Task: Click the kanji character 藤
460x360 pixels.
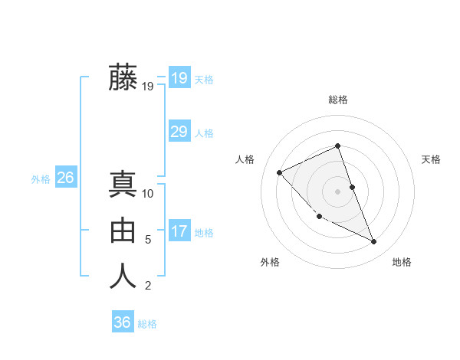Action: (123, 77)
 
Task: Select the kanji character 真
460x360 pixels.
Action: (123, 185)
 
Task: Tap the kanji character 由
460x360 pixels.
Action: (123, 231)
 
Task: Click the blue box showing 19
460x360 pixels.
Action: (179, 78)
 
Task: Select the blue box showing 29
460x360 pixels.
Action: (179, 132)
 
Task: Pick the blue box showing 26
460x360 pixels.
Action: (65, 178)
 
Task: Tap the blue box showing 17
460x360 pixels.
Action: (179, 231)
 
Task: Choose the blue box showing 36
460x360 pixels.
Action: (122, 322)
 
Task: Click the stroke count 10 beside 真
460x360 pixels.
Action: (148, 194)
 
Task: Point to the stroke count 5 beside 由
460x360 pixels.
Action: (148, 240)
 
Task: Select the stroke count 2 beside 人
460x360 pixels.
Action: (148, 286)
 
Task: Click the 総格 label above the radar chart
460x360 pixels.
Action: (337, 100)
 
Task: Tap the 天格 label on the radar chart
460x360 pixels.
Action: (431, 159)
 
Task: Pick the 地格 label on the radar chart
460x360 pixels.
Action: (402, 262)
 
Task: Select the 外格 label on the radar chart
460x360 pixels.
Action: (270, 262)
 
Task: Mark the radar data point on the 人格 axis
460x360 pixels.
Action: (280, 172)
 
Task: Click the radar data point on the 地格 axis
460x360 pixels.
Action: (374, 242)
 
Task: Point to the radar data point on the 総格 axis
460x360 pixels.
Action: (337, 146)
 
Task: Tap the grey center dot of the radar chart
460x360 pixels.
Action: (337, 191)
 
